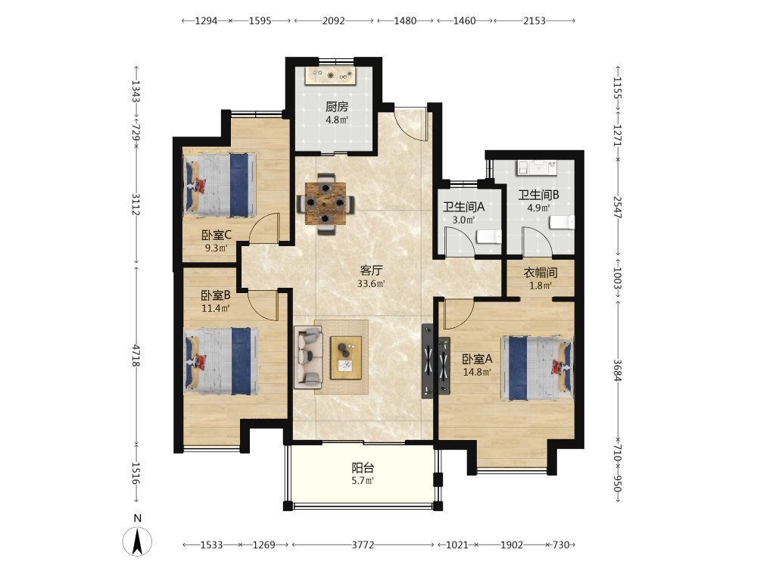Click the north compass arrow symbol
click(x=137, y=541)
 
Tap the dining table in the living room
click(x=326, y=203)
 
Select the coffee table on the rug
click(x=346, y=357)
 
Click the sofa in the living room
click(x=308, y=357)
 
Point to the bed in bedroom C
click(x=220, y=185)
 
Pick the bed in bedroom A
click(x=537, y=368)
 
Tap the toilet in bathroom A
click(x=488, y=237)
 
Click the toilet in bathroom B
click(x=562, y=222)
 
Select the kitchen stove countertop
click(x=331, y=76)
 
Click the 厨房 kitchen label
click(x=337, y=107)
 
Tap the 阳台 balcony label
click(x=363, y=467)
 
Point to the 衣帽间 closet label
click(x=540, y=273)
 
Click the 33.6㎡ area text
click(x=371, y=283)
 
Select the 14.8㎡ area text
click(x=476, y=372)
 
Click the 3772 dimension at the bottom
click(x=363, y=545)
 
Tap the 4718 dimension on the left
click(x=137, y=355)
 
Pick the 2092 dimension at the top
click(x=334, y=20)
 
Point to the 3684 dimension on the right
click(x=618, y=370)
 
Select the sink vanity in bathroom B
click(x=537, y=167)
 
